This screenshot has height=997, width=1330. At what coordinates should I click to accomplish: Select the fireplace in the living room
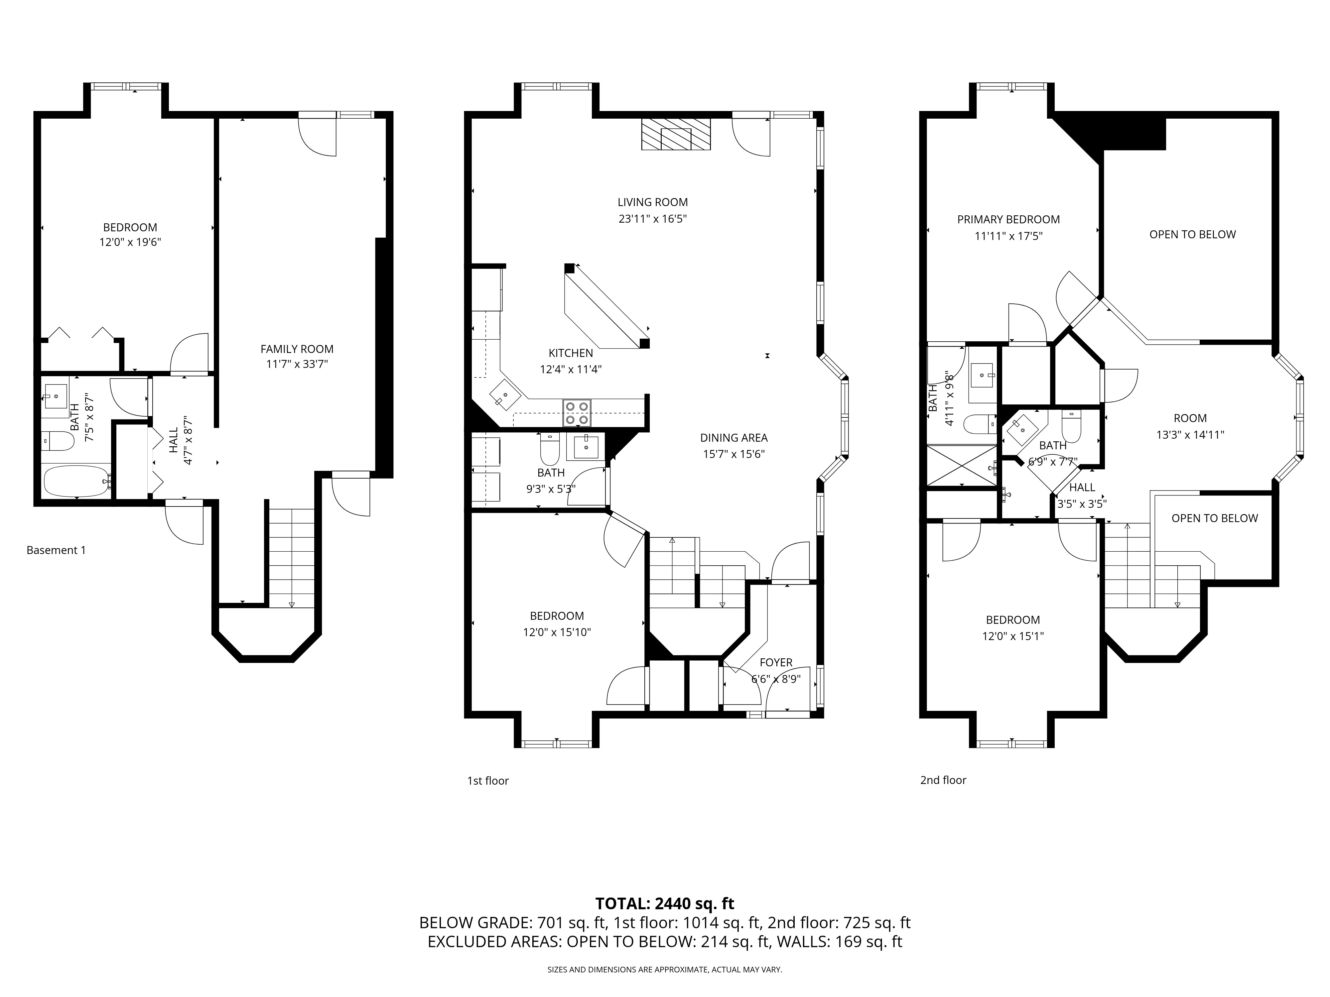tap(676, 134)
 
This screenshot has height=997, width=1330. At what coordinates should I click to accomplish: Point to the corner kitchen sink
tap(505, 396)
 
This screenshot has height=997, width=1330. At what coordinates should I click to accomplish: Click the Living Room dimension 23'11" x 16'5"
tap(652, 219)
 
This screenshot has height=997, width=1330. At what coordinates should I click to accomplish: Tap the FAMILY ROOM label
tap(297, 349)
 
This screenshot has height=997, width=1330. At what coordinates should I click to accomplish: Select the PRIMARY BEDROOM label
tap(1008, 219)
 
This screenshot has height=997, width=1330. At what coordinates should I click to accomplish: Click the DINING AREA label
tap(733, 437)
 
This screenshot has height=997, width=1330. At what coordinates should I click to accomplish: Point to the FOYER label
tap(776, 662)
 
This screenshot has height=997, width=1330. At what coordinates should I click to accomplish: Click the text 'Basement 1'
tap(56, 550)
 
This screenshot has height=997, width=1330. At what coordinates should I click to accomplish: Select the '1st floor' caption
tap(488, 781)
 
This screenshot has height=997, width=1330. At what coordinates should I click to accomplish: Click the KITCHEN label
tap(571, 353)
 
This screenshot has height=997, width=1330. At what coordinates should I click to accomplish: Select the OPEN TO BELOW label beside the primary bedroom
tap(1192, 234)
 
